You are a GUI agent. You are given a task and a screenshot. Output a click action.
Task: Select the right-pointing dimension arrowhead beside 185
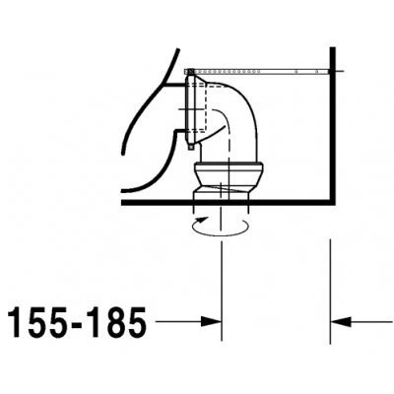click(211, 322)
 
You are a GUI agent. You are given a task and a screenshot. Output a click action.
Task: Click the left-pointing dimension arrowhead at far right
click(341, 322)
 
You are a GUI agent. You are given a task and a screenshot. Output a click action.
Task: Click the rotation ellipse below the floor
click(220, 235)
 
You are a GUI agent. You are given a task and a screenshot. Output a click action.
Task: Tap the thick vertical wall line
click(333, 125)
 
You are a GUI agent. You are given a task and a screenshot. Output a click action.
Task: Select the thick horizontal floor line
click(228, 203)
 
